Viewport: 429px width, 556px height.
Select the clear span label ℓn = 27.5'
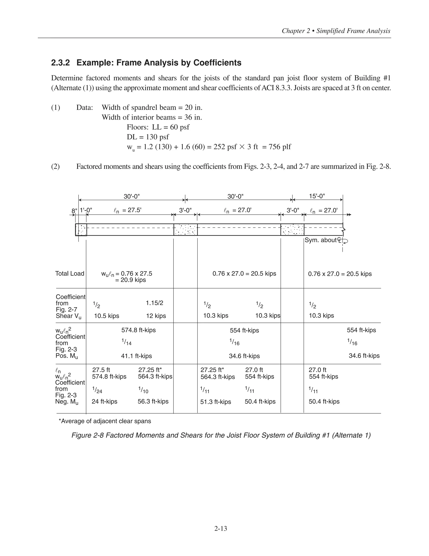point(127,210)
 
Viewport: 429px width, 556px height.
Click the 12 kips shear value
point(156,316)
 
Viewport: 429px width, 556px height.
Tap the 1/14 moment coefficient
point(126,342)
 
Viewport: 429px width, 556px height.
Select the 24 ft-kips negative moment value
point(105,401)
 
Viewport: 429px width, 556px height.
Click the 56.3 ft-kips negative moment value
point(153,401)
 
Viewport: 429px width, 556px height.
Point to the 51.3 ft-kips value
point(216,402)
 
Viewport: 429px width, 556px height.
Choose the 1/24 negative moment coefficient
point(97,390)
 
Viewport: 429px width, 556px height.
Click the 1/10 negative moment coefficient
point(143,390)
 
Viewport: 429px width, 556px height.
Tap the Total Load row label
point(70,273)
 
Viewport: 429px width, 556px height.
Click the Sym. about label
point(321,240)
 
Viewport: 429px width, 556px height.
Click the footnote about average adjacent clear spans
point(105,421)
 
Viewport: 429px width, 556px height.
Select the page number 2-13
point(220,529)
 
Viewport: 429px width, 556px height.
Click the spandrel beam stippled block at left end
point(81,230)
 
